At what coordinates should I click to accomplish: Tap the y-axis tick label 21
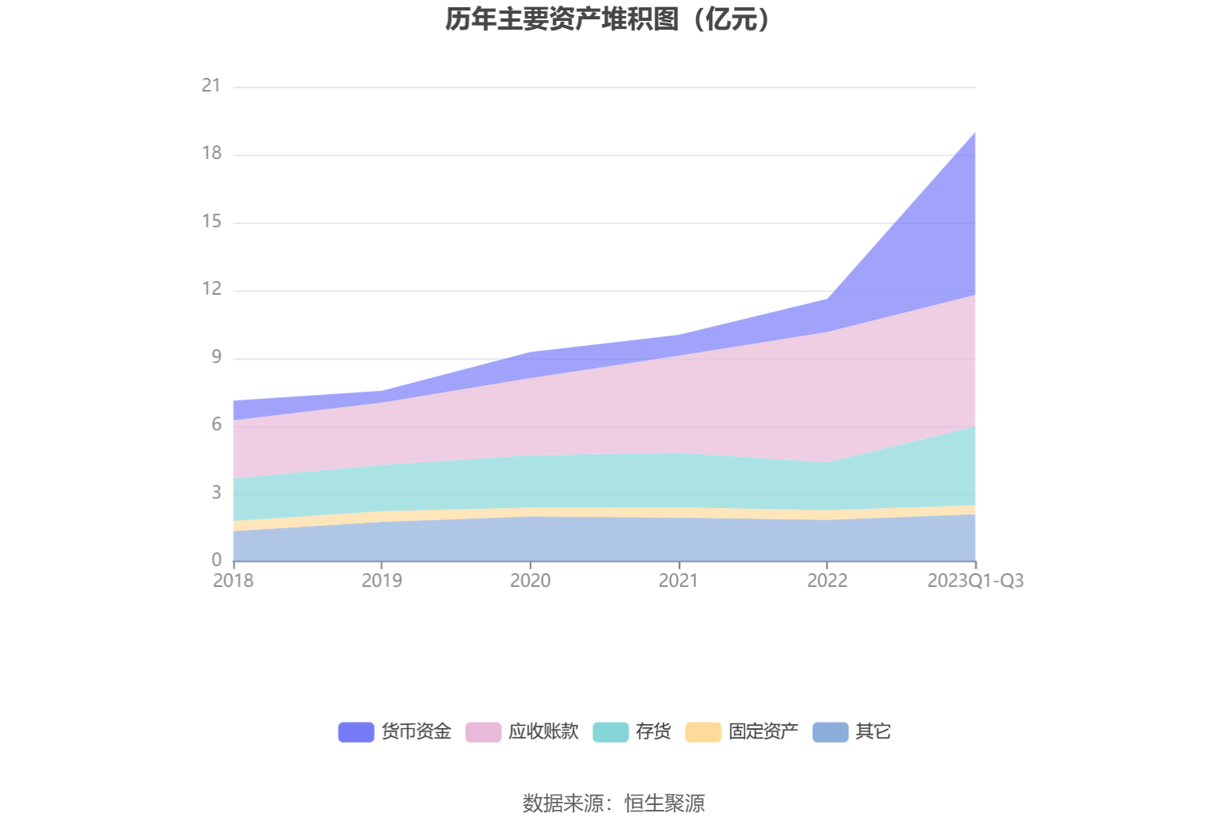click(x=211, y=85)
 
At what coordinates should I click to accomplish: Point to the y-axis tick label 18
click(x=211, y=153)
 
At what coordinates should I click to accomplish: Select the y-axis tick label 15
click(x=211, y=222)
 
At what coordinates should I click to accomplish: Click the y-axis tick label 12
click(x=211, y=289)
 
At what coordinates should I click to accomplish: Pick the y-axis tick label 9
click(x=216, y=357)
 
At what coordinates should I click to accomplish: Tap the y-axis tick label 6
click(x=216, y=425)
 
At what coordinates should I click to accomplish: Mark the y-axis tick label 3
click(x=216, y=493)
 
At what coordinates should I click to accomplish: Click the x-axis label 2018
click(x=233, y=580)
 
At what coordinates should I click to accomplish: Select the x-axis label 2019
click(x=381, y=580)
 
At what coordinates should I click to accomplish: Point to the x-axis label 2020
click(x=530, y=580)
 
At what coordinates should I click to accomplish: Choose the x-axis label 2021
click(x=678, y=580)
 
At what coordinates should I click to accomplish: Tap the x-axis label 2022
click(x=827, y=580)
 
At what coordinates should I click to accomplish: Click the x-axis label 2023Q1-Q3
click(x=975, y=580)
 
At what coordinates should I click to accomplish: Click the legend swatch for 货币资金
click(x=356, y=732)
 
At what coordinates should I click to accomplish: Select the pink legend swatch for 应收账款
click(x=483, y=732)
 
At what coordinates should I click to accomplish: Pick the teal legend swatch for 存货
click(x=610, y=732)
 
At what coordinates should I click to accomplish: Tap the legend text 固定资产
click(x=763, y=732)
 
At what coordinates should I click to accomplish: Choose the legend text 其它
click(x=873, y=732)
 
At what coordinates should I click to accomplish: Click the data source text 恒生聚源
click(x=665, y=804)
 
